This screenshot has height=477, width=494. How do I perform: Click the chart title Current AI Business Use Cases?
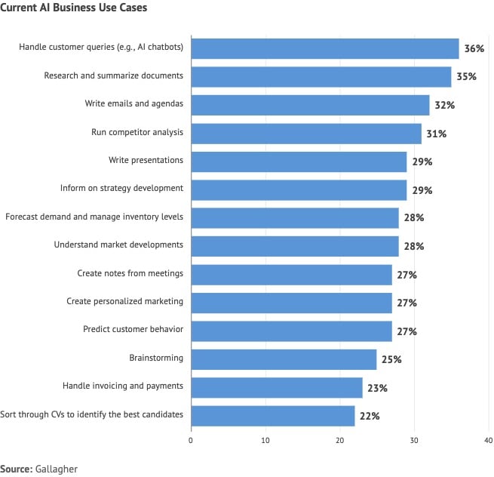(x=74, y=8)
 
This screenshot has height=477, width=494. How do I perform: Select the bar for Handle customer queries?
(x=324, y=48)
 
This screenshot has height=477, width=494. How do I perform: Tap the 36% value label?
(x=474, y=48)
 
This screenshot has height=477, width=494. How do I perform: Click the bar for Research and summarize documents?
(x=321, y=76)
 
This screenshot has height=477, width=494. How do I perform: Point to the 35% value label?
(x=466, y=77)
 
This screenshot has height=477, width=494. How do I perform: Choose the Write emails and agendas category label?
(x=134, y=104)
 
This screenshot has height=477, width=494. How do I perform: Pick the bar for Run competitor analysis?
(x=305, y=133)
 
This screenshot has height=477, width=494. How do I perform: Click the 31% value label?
(x=436, y=134)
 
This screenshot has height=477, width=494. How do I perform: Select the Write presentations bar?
(x=298, y=161)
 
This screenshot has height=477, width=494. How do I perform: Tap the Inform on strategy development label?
(x=121, y=189)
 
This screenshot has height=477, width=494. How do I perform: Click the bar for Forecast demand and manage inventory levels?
(x=294, y=217)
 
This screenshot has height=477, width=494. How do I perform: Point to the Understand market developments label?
(x=118, y=245)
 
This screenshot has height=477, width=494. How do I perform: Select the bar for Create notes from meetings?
(x=290, y=274)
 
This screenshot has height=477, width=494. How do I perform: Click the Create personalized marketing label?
(x=124, y=302)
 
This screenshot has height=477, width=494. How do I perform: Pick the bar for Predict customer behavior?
(x=290, y=331)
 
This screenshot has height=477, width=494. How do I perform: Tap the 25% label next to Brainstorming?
(x=391, y=359)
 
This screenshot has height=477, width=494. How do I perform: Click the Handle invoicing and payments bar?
(x=276, y=387)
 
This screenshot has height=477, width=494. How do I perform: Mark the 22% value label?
(x=369, y=416)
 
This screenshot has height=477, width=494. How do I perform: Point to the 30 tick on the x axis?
(x=414, y=440)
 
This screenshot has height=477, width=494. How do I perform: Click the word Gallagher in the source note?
(x=56, y=469)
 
